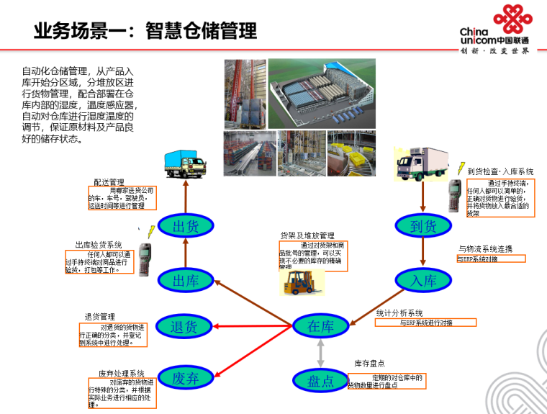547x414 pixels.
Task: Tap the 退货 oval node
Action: [x=184, y=327]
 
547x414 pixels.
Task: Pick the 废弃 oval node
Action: [x=184, y=377]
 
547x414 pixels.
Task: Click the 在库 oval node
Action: [x=321, y=326]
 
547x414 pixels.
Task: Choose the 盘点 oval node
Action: [x=321, y=381]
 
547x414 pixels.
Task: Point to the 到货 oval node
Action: [x=423, y=226]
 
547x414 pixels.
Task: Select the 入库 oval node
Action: [x=423, y=280]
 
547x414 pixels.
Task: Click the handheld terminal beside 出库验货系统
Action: [x=145, y=256]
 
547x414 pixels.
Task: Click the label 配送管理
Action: [x=109, y=182]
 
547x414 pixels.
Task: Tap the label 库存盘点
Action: [x=369, y=364]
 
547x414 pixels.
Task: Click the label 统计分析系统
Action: [x=399, y=313]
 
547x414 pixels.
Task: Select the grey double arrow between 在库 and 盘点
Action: [x=321, y=354]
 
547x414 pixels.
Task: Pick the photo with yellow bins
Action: [x=351, y=153]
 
